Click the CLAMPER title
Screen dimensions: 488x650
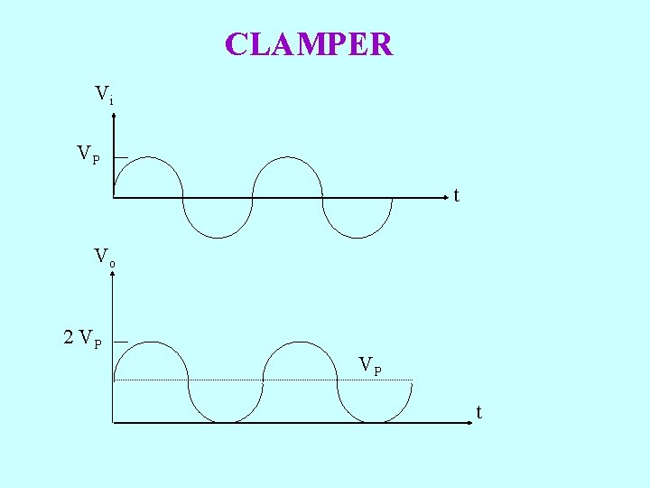click(x=309, y=44)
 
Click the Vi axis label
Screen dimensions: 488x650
click(x=104, y=93)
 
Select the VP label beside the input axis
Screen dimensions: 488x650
click(x=88, y=155)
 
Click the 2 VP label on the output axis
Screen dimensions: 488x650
click(x=82, y=339)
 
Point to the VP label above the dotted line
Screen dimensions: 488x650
click(x=370, y=365)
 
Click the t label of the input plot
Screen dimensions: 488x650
click(x=457, y=195)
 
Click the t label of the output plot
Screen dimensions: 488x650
click(x=479, y=413)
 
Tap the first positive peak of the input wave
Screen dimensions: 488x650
click(x=148, y=157)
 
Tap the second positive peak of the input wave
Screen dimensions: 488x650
click(x=287, y=157)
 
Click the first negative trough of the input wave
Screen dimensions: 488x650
click(x=218, y=238)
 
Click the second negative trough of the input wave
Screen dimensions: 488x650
click(x=357, y=238)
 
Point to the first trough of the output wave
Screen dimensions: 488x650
click(x=226, y=421)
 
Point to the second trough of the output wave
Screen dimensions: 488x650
click(x=376, y=421)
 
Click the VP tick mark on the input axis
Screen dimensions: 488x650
click(x=120, y=157)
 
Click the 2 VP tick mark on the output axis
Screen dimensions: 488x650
click(x=120, y=342)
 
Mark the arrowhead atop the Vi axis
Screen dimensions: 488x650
click(x=114, y=109)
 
